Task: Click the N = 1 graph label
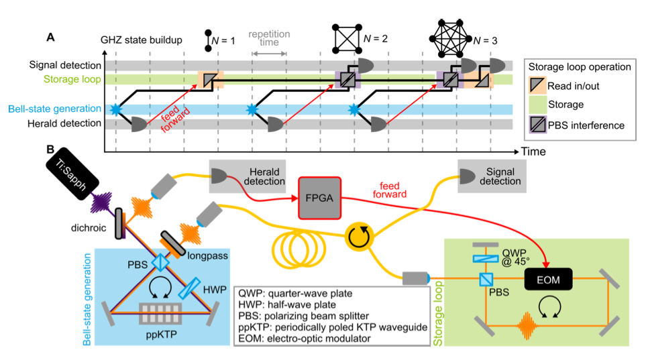(227, 41)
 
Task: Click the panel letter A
(50, 37)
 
